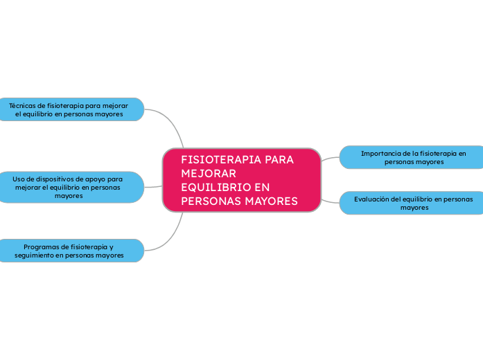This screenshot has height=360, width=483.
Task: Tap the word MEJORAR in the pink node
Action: [x=209, y=174]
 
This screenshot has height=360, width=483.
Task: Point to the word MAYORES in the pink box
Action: [x=271, y=201]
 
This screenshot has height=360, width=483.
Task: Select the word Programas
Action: [x=39, y=247]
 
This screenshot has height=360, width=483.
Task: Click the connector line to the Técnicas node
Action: [x=171, y=121]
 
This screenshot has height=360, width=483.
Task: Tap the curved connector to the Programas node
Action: [x=171, y=238]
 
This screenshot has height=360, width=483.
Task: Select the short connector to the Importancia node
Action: [x=330, y=158]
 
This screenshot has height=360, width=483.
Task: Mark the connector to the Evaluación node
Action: [x=330, y=202]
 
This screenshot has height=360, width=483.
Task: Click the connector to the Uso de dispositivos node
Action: [x=153, y=187]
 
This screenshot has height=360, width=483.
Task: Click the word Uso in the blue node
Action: [x=19, y=179]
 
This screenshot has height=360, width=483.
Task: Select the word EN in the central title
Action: [x=262, y=188]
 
